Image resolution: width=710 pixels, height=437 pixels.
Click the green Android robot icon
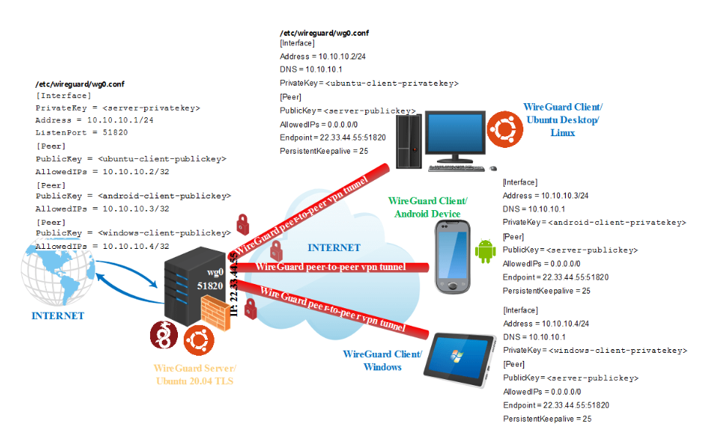tap(485, 250)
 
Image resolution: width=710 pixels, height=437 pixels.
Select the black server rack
tap(193, 288)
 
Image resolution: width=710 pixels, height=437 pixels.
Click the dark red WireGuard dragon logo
tap(166, 336)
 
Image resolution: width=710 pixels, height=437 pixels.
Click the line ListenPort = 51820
tap(81, 132)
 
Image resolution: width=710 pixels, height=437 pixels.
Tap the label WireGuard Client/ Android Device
tap(427, 207)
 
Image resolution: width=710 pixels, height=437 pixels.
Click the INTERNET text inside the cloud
tap(334, 247)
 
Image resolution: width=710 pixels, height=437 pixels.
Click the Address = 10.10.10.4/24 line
tap(546, 324)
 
